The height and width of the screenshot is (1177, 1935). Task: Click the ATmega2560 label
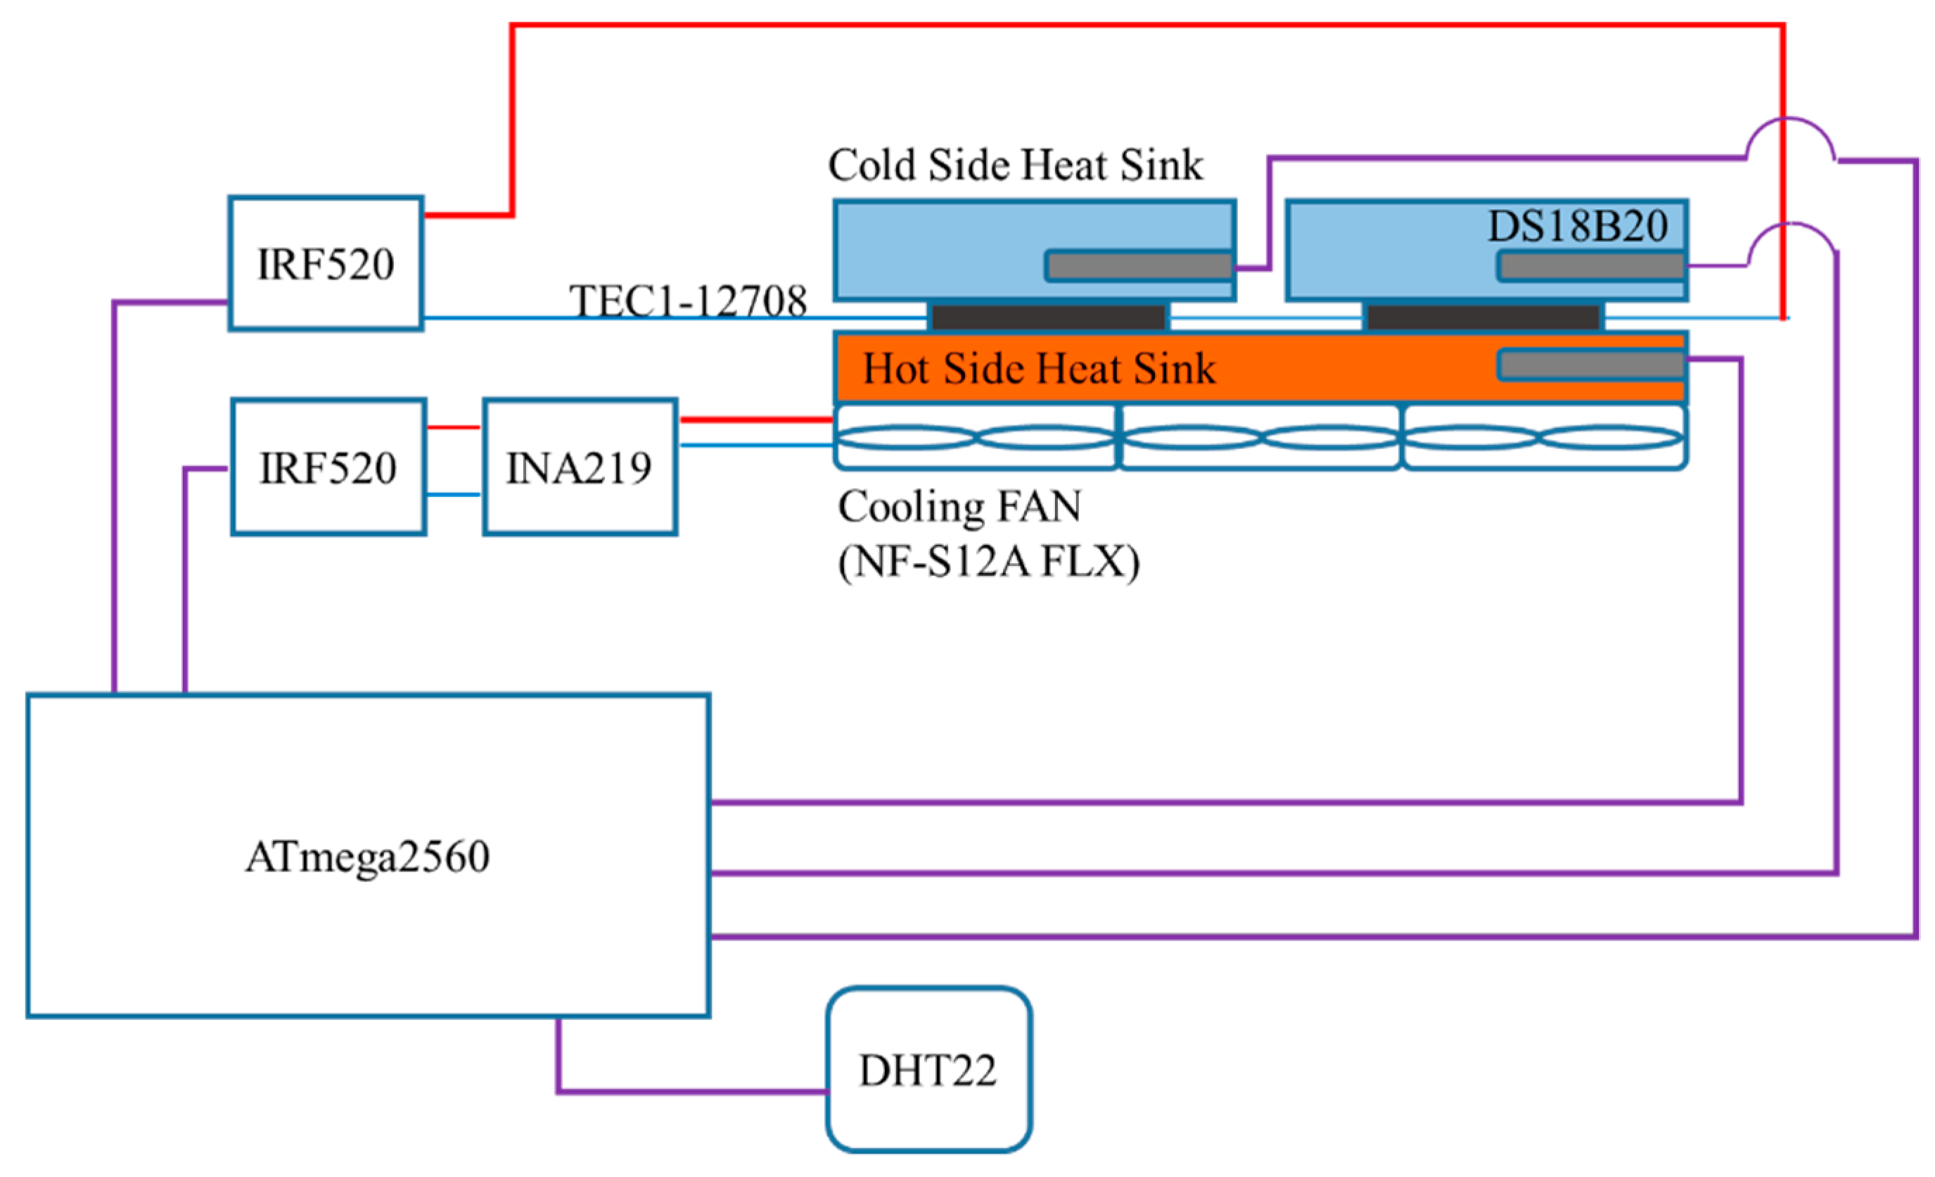coord(368,857)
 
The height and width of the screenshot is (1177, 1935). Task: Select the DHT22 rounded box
coord(928,1070)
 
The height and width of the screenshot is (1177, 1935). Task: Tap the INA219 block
coord(580,467)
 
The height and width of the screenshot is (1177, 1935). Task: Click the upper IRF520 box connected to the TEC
coord(326,264)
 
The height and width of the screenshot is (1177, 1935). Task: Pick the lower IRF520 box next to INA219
coord(328,467)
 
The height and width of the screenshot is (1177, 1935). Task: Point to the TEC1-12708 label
coord(688,301)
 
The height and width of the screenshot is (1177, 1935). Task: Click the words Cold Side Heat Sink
coord(1016,165)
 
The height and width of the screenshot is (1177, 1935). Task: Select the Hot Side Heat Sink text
coord(1038,368)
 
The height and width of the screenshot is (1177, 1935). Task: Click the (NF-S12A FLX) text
coord(989,562)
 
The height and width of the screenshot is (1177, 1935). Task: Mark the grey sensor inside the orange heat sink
coord(1591,365)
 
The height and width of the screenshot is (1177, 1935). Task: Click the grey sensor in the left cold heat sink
coord(1139,266)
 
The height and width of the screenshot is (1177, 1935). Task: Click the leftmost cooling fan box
coord(975,438)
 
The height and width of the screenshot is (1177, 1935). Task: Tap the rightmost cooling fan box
coord(1544,438)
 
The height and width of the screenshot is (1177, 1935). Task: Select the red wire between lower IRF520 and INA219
coord(453,427)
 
